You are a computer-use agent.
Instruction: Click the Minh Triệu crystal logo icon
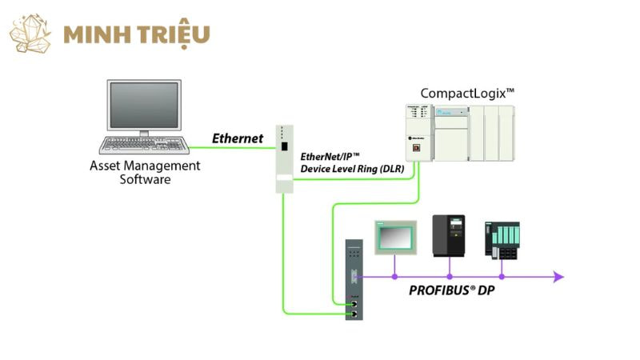click(30, 34)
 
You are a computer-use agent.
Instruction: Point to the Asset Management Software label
click(145, 172)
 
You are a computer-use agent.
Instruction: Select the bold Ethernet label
click(238, 138)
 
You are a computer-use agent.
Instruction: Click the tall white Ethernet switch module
click(283, 158)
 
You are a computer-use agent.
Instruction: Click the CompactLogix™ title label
click(467, 94)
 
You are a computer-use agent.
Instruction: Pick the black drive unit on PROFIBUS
click(448, 236)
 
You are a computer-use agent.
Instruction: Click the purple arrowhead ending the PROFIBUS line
click(558, 277)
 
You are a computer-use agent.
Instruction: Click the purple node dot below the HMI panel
click(394, 277)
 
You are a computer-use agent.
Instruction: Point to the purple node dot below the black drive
click(449, 277)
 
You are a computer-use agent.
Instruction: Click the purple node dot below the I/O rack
click(502, 277)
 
